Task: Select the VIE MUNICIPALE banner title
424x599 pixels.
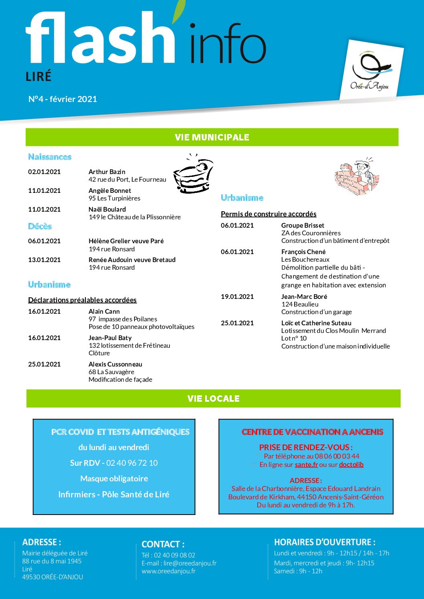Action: click(212, 137)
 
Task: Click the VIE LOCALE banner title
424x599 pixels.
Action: click(213, 399)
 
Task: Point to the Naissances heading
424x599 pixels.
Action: click(50, 157)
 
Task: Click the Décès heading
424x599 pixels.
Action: click(40, 226)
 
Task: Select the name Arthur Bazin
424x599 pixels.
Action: click(107, 172)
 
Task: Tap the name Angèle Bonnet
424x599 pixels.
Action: click(110, 190)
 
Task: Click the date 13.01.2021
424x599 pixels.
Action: click(44, 260)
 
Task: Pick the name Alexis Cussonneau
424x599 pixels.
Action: click(115, 364)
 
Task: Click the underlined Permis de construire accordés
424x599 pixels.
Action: click(269, 214)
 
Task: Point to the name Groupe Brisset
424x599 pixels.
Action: click(303, 225)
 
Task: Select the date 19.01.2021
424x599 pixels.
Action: click(237, 296)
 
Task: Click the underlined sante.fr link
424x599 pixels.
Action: click(306, 465)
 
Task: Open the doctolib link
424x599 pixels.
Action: click(351, 465)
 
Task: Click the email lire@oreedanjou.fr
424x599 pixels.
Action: click(190, 563)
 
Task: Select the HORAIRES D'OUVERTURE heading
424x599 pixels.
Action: click(325, 542)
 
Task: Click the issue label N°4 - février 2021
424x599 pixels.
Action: click(63, 99)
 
